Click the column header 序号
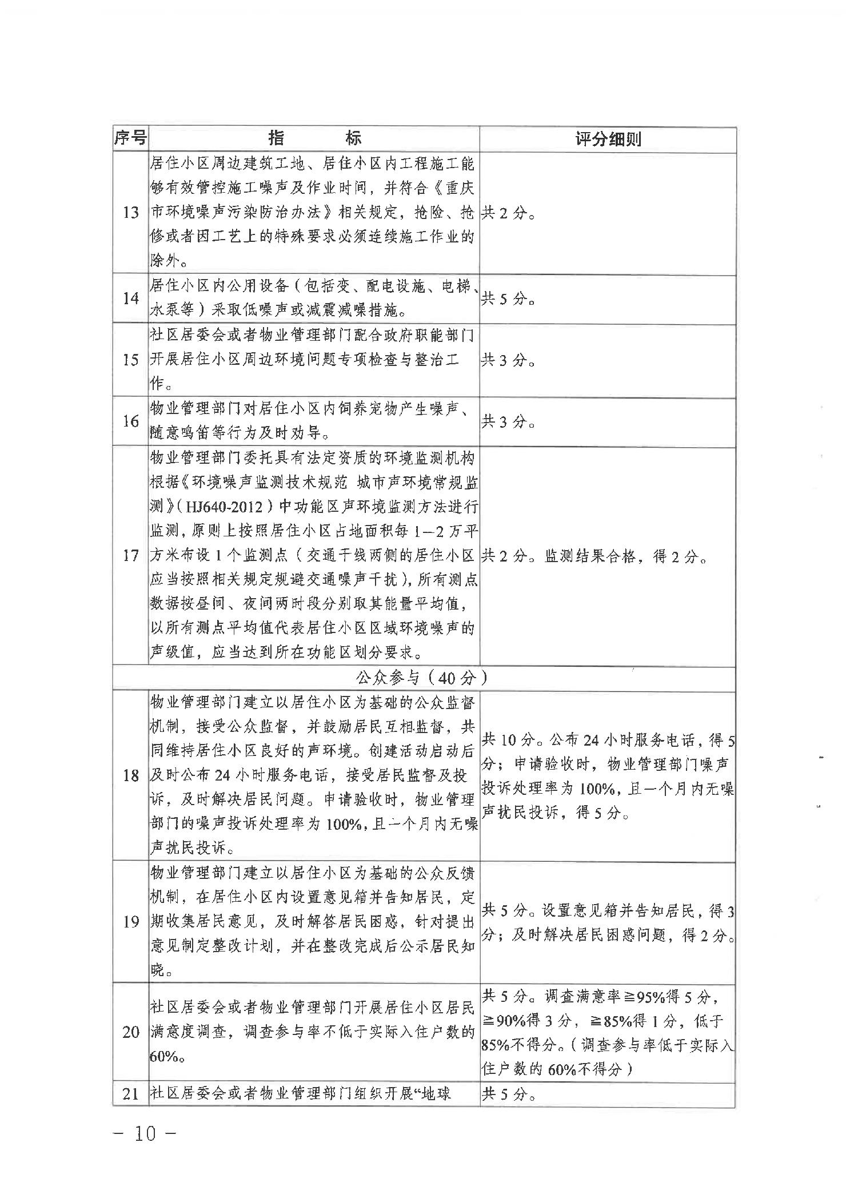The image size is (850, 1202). [130, 139]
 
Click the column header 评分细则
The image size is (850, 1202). [608, 140]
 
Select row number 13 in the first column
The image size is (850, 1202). [130, 213]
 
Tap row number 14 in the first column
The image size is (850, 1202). [130, 298]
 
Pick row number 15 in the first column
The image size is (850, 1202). [130, 360]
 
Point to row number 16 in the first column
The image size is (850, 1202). [130, 421]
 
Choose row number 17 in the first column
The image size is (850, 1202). [130, 555]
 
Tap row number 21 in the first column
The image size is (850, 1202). [130, 1094]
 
